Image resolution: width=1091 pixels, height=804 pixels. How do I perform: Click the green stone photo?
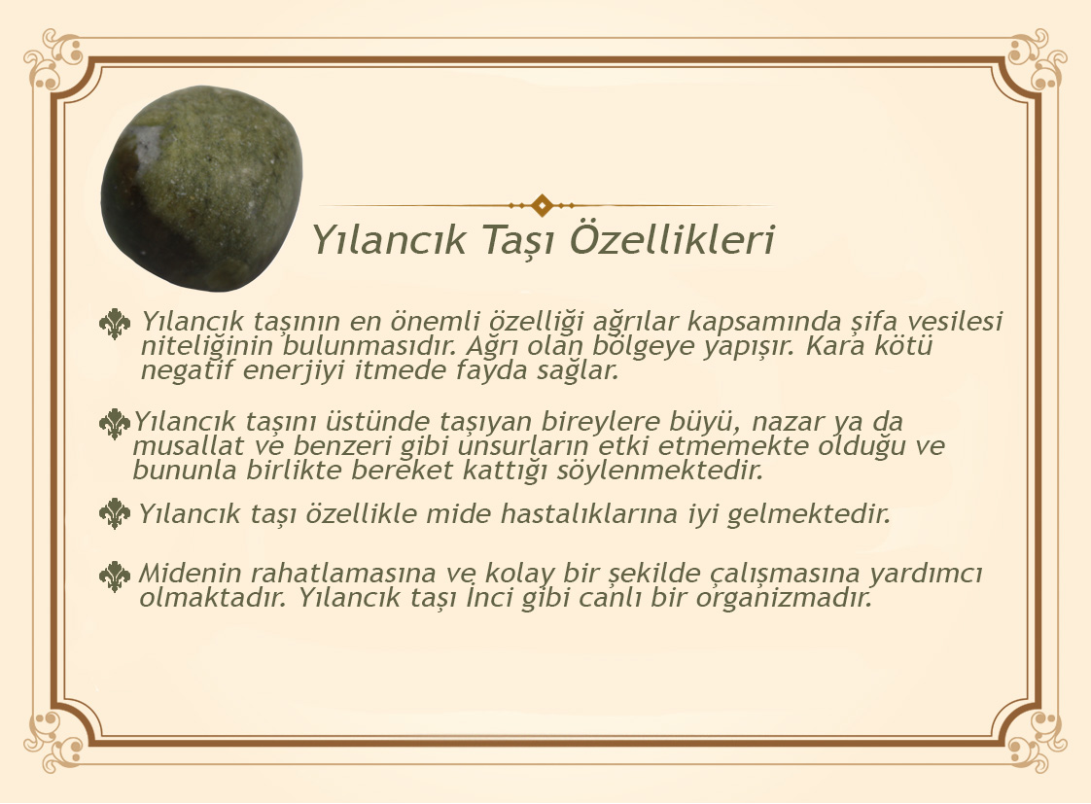(x=202, y=188)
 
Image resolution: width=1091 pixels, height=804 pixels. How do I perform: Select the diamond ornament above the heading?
(x=542, y=205)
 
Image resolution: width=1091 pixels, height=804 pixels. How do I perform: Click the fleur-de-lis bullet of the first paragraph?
(x=115, y=324)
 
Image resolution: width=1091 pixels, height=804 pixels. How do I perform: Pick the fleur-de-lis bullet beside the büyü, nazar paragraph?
(x=115, y=424)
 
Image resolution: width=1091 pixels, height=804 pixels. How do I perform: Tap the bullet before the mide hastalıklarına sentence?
(x=115, y=514)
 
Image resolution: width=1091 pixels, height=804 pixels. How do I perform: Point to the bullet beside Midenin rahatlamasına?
(x=115, y=577)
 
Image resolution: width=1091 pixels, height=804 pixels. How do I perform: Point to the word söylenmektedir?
(x=659, y=471)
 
